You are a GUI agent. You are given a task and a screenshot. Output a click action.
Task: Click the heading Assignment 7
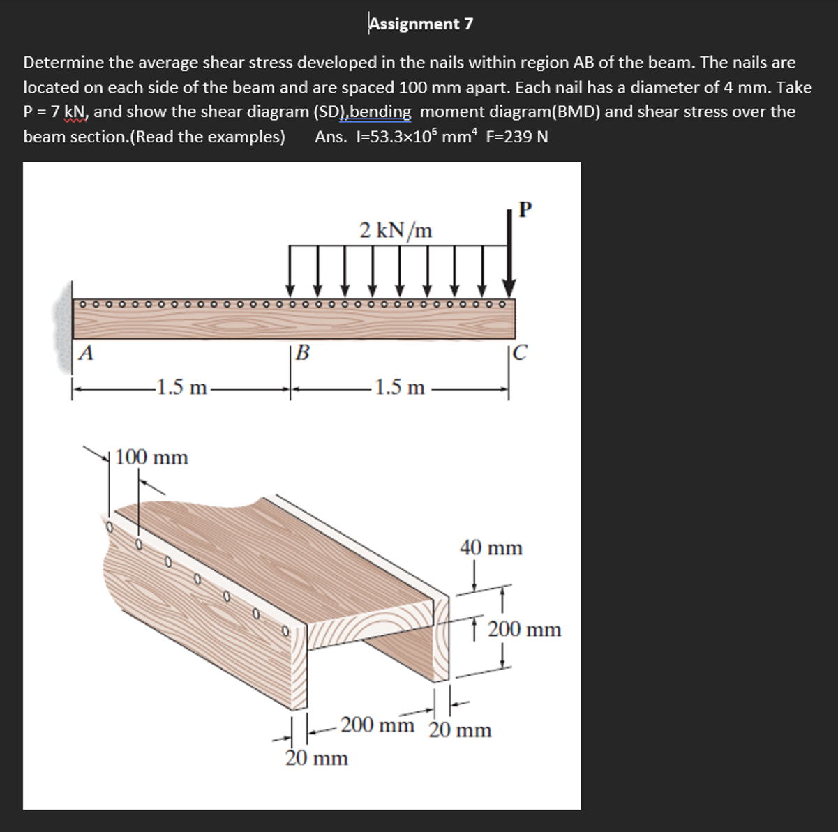pyautogui.click(x=421, y=24)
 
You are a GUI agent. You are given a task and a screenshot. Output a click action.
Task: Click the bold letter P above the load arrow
pyautogui.click(x=525, y=209)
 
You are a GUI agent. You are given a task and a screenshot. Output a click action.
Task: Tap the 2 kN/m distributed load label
pyautogui.click(x=396, y=229)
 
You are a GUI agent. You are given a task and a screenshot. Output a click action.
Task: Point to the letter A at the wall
pyautogui.click(x=87, y=353)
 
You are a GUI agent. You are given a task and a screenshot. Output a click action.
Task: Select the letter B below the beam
pyautogui.click(x=302, y=353)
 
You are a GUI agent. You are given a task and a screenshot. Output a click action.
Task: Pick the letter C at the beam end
pyautogui.click(x=521, y=353)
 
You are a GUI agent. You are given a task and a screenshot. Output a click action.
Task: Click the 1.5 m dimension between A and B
pyautogui.click(x=181, y=386)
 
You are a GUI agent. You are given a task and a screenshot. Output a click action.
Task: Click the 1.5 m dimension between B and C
pyautogui.click(x=399, y=386)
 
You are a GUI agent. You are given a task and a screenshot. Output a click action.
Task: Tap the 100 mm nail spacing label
pyautogui.click(x=151, y=458)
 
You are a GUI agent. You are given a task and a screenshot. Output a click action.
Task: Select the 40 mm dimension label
pyautogui.click(x=491, y=548)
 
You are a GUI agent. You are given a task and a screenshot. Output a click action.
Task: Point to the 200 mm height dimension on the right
pyautogui.click(x=524, y=630)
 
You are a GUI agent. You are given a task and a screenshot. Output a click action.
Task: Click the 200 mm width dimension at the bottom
pyautogui.click(x=377, y=725)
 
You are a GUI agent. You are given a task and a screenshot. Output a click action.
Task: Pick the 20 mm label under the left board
pyautogui.click(x=317, y=758)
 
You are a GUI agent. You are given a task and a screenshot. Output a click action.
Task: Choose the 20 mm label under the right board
pyautogui.click(x=460, y=730)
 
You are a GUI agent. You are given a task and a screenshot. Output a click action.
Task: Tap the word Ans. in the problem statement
pyautogui.click(x=330, y=137)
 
